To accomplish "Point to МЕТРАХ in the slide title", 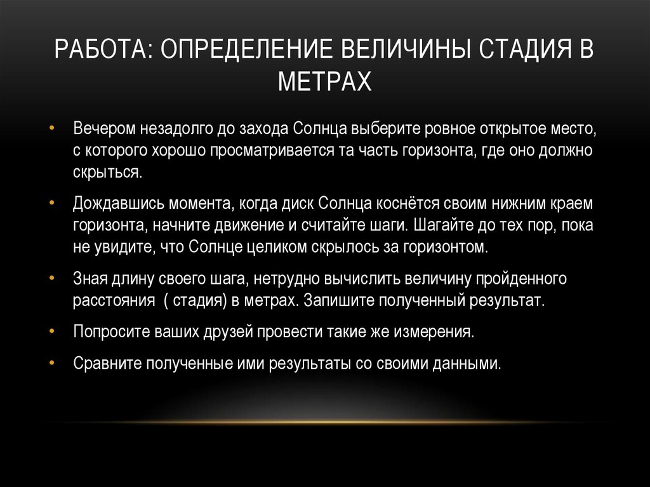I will coord(324,82).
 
